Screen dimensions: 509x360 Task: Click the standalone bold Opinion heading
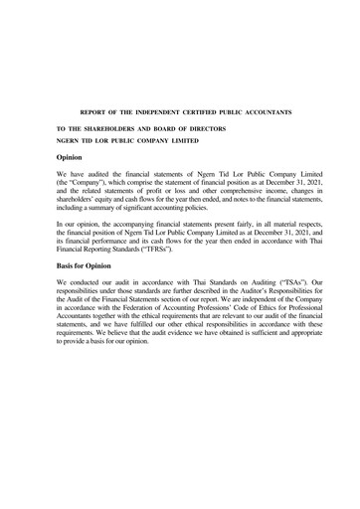click(x=75, y=157)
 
